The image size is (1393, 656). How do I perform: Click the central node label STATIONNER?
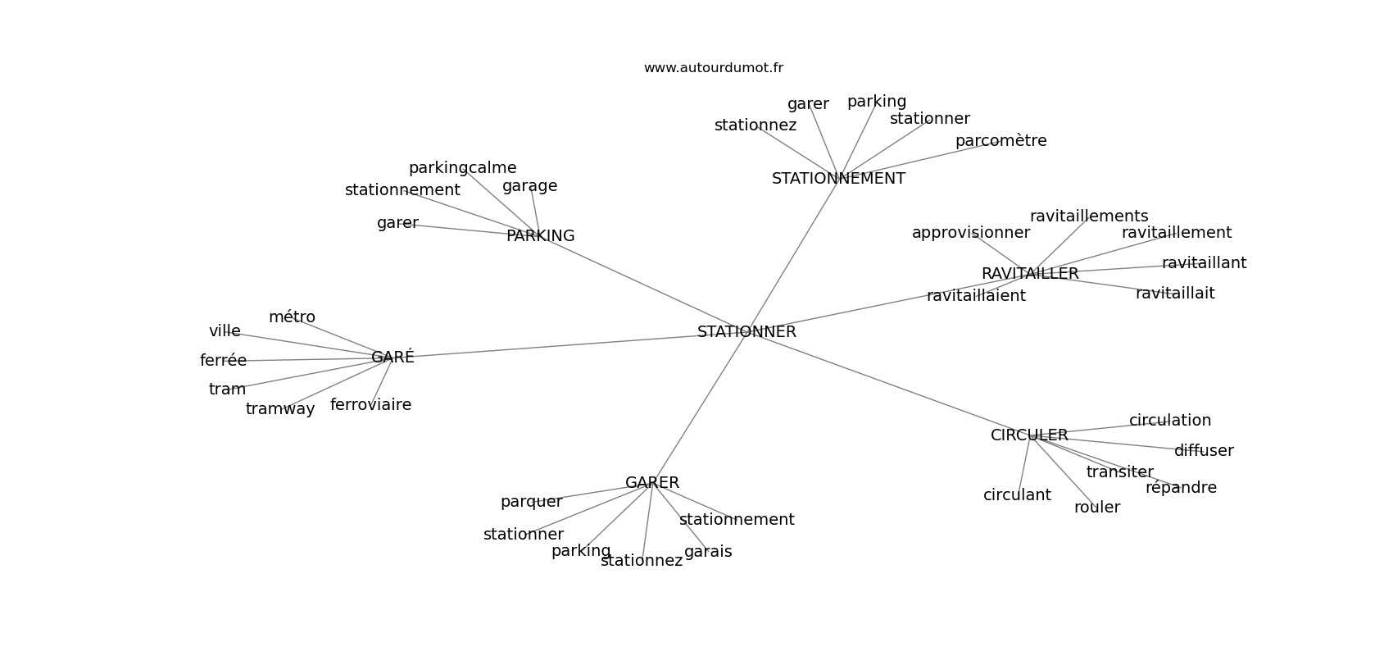(746, 332)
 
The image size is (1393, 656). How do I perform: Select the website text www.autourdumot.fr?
(713, 68)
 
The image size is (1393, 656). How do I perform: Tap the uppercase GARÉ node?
(392, 358)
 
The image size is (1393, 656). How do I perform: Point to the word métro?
(292, 317)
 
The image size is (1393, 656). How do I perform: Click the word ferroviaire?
(370, 405)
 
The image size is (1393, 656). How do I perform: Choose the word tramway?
(280, 409)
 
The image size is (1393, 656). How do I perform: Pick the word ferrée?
(223, 361)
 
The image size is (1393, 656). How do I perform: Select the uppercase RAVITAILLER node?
(1030, 274)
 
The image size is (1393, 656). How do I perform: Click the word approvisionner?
(970, 233)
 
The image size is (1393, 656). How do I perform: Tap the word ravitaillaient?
(976, 296)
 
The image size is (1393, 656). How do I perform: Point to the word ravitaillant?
(1204, 263)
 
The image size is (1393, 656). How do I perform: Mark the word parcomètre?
(1001, 141)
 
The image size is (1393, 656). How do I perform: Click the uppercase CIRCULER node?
(1029, 435)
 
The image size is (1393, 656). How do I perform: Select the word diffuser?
(1204, 451)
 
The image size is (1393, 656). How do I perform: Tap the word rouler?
(1096, 508)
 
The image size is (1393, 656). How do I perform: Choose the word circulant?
(1017, 495)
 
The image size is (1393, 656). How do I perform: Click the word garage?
(529, 186)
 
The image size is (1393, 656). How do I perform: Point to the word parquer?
(531, 502)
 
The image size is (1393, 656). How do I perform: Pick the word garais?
(708, 552)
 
